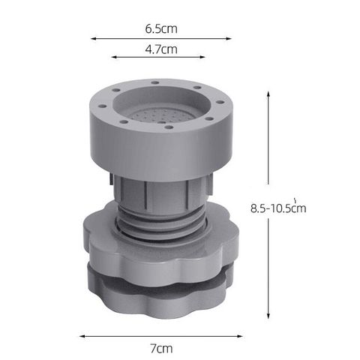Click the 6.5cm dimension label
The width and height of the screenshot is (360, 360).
tap(161, 28)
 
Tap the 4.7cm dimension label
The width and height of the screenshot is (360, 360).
tap(161, 49)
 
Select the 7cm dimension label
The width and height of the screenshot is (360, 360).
tap(161, 349)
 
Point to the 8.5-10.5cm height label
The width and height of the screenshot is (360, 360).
tap(278, 207)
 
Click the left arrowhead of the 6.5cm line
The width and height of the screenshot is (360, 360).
tap(94, 38)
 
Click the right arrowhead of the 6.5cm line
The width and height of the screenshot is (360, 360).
tap(229, 38)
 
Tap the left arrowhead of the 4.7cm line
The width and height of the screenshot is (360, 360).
tap(115, 57)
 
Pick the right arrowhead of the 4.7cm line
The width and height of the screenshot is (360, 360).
tap(202, 57)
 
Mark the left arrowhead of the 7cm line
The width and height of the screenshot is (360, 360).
tap(82, 336)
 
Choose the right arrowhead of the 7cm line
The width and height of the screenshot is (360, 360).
tap(240, 336)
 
